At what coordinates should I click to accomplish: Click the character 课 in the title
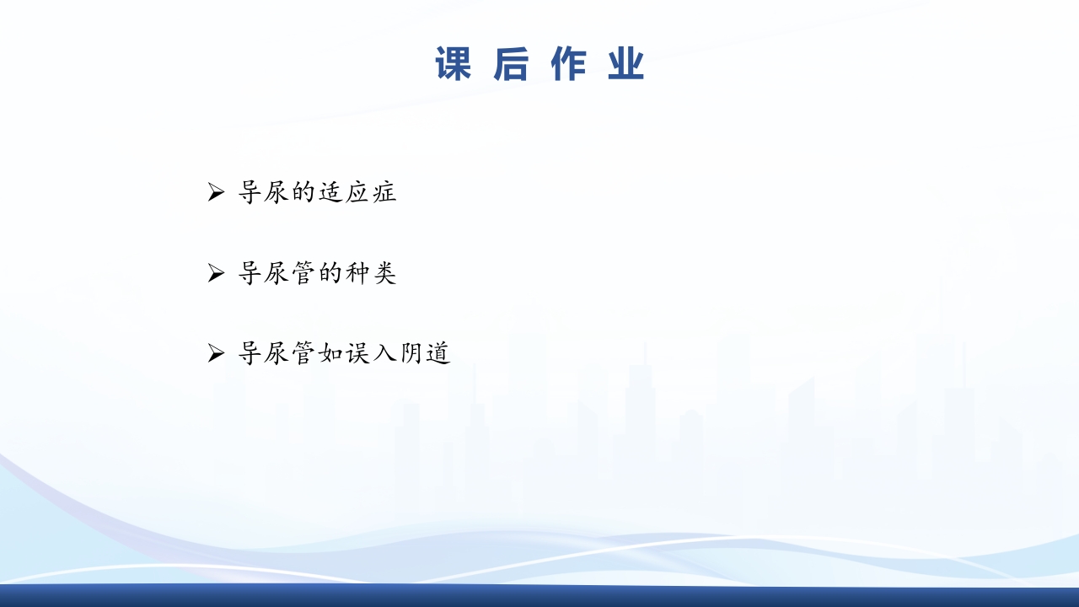[x=454, y=65]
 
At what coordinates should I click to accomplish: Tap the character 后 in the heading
[x=511, y=65]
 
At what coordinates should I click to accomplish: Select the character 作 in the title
[x=568, y=65]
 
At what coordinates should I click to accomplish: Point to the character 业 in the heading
[x=625, y=65]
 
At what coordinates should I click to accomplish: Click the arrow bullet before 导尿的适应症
[x=216, y=193]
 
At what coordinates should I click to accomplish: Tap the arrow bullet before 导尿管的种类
[x=216, y=273]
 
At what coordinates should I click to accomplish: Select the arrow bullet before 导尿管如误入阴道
[x=216, y=353]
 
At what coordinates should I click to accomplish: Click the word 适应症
[x=357, y=193]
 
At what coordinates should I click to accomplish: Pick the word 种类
[x=370, y=273]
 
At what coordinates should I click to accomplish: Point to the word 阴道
[x=424, y=353]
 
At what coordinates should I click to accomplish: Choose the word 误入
[x=370, y=353]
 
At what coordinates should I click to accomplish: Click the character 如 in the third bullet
[x=330, y=353]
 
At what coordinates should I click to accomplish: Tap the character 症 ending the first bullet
[x=384, y=193]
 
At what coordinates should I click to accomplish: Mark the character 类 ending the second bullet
[x=384, y=273]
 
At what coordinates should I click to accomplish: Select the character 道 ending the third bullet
[x=438, y=353]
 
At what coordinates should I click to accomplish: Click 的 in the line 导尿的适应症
[x=303, y=193]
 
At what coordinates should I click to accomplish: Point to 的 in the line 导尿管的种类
[x=330, y=273]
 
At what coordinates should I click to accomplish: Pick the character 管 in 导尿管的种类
[x=303, y=273]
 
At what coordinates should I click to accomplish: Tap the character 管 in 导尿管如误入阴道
[x=303, y=353]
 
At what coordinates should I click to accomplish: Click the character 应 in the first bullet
[x=357, y=193]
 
